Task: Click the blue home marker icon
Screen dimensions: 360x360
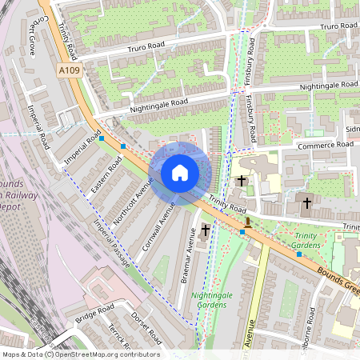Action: pos(180,172)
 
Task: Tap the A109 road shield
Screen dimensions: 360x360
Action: pos(70,71)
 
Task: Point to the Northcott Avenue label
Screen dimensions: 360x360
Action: pos(133,200)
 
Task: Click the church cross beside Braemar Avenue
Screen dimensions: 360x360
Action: pos(205,230)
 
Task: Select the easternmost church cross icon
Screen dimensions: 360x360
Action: pos(306,204)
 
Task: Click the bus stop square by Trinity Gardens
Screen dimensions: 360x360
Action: pos(299,254)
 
